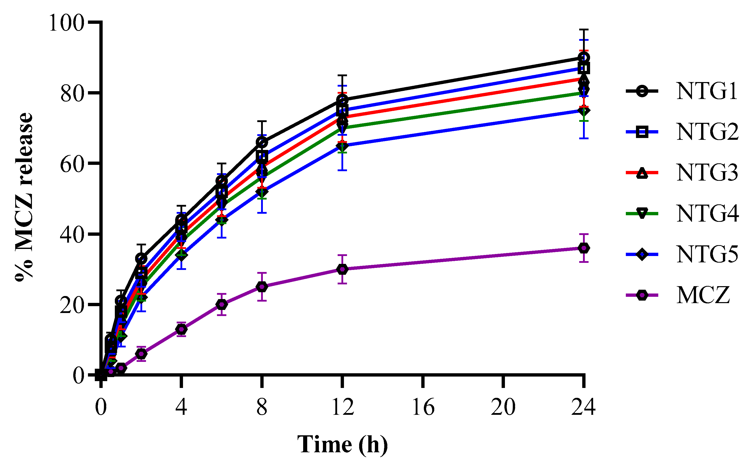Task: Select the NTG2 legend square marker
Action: point(642,132)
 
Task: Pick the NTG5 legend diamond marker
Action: point(642,254)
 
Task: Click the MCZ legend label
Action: point(703,295)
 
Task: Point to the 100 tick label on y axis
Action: point(66,23)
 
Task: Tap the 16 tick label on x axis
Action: point(423,407)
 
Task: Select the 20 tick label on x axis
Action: point(503,407)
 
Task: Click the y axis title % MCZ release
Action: point(24,197)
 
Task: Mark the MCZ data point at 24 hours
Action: point(584,248)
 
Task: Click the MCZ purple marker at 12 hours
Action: point(342,269)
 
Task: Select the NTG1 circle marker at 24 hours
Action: point(584,57)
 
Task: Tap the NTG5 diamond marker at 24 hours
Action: point(584,110)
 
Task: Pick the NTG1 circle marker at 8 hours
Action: point(262,142)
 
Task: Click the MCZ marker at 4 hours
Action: point(181,329)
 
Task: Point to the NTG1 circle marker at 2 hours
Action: point(141,258)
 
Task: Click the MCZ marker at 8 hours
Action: point(262,287)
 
